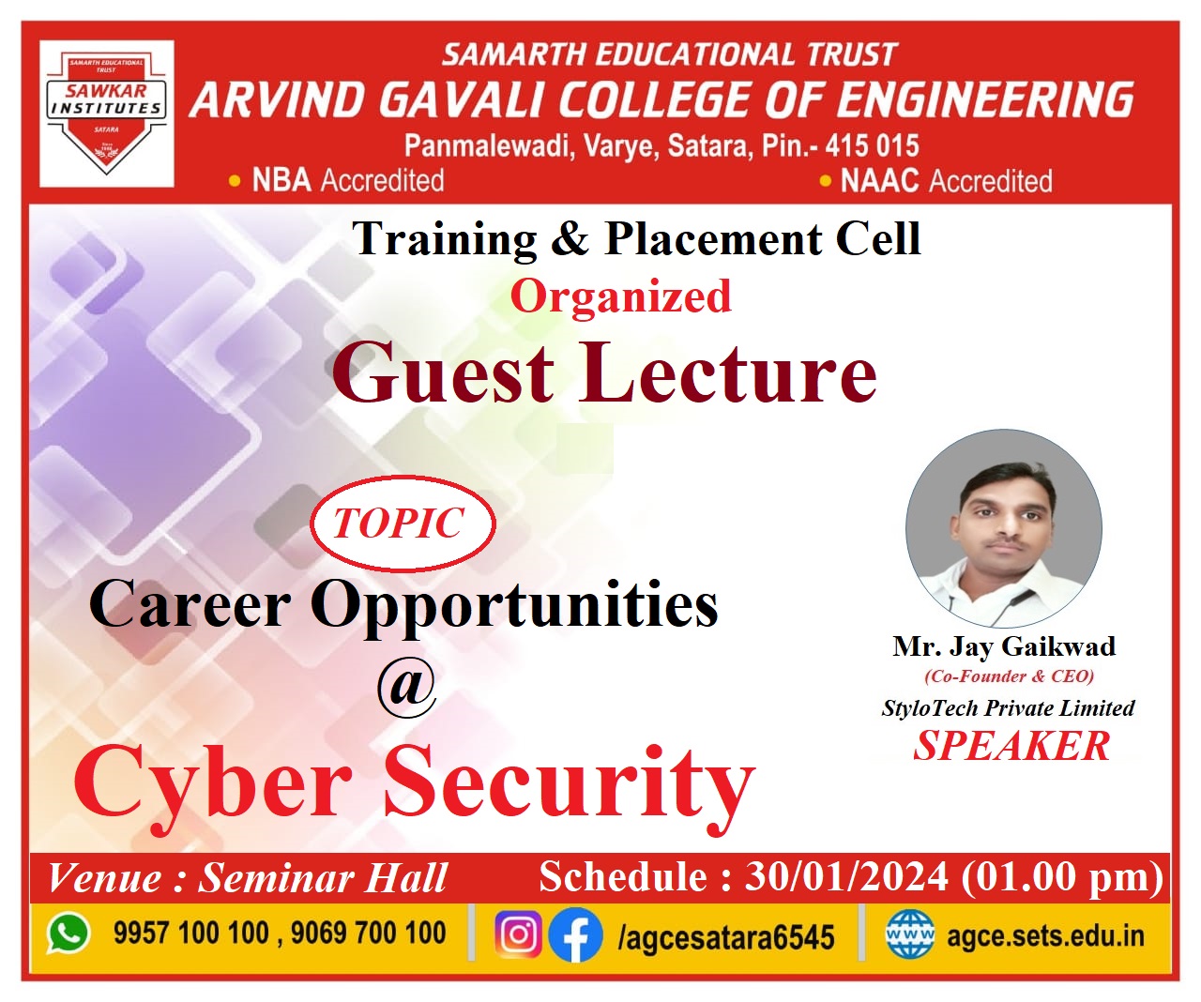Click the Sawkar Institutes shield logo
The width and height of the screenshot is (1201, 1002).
coord(106,114)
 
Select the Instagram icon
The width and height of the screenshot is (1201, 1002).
coord(518,934)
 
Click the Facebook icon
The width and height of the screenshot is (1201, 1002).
coord(575,934)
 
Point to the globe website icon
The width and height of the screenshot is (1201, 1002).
coord(910,934)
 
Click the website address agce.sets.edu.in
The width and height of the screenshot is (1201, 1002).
coord(1045,935)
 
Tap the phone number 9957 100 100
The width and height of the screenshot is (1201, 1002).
coord(191,933)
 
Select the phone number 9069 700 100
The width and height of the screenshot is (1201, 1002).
coord(369,933)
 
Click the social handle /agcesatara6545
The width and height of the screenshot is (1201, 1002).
coord(726,936)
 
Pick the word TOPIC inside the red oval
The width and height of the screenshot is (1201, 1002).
coord(398,523)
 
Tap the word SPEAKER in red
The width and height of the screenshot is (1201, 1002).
coord(1011,746)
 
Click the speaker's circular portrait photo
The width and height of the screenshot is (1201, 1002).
coord(1004,528)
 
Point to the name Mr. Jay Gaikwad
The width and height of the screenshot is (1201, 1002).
coord(1004,646)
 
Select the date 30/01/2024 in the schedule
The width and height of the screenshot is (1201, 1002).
coord(846,877)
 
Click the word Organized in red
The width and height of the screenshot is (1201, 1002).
coord(620,296)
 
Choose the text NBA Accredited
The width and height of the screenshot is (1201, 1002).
coord(348,180)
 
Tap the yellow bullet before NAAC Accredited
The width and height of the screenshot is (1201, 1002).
coord(826,182)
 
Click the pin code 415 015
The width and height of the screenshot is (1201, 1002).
coord(872,145)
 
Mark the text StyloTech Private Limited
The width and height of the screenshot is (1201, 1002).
coord(1009,708)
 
